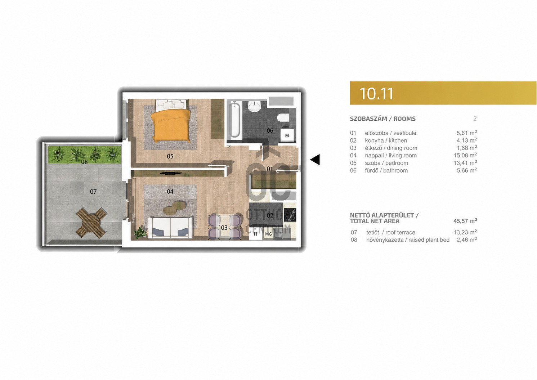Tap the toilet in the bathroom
(x=283, y=117)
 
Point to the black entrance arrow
(x=315, y=160)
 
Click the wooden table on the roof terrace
(x=91, y=223)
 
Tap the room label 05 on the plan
(x=170, y=157)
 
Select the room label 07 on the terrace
(x=93, y=192)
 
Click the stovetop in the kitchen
(x=290, y=215)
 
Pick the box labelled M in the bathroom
(x=287, y=135)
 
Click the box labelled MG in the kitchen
(x=269, y=234)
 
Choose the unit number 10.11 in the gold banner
(x=376, y=94)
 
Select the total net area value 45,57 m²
(x=465, y=221)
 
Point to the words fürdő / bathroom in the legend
(x=386, y=170)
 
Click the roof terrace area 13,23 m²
(x=465, y=232)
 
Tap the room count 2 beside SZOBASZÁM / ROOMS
(x=475, y=119)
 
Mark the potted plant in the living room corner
(x=140, y=232)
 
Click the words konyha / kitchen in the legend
(x=386, y=140)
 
